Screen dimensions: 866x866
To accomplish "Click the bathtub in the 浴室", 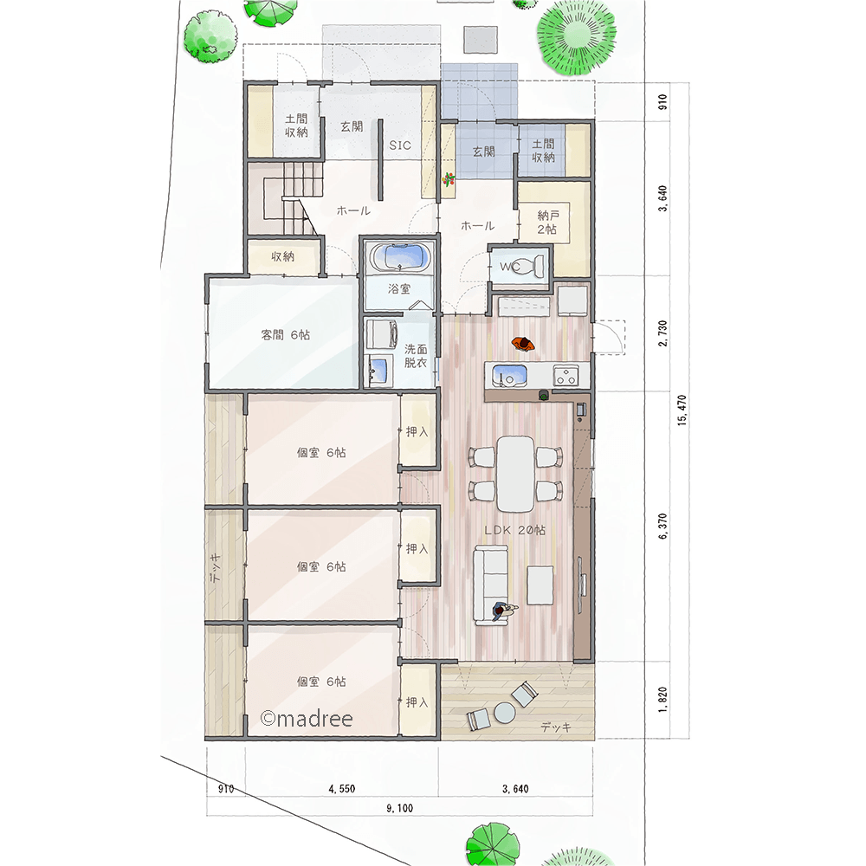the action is coord(400,257).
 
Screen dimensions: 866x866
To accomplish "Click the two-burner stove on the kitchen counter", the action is coord(565,376).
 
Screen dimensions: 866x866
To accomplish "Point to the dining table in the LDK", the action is coord(515,474).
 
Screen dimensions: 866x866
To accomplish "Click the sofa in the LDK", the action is coord(490,585).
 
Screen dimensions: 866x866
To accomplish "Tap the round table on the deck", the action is coord(504,712).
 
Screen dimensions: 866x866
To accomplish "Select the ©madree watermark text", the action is coord(306,718).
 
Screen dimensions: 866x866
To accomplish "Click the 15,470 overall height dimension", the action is coord(682,410).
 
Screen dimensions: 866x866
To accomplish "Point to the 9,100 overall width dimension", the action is coord(399,808).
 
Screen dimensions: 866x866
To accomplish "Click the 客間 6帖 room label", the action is coord(286,334).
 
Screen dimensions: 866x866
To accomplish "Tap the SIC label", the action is coord(400,145).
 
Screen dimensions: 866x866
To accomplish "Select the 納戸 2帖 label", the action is coord(547,222).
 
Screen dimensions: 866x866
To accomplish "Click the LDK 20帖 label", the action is coord(514,530).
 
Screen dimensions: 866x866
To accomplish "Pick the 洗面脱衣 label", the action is coord(416,356).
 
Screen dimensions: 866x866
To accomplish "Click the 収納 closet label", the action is coord(283,257).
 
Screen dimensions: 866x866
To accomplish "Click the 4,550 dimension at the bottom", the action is coord(342,789).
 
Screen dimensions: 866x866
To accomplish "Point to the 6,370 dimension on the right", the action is coord(663,526).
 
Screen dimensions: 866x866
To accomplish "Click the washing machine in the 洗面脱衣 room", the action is coord(382,334).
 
